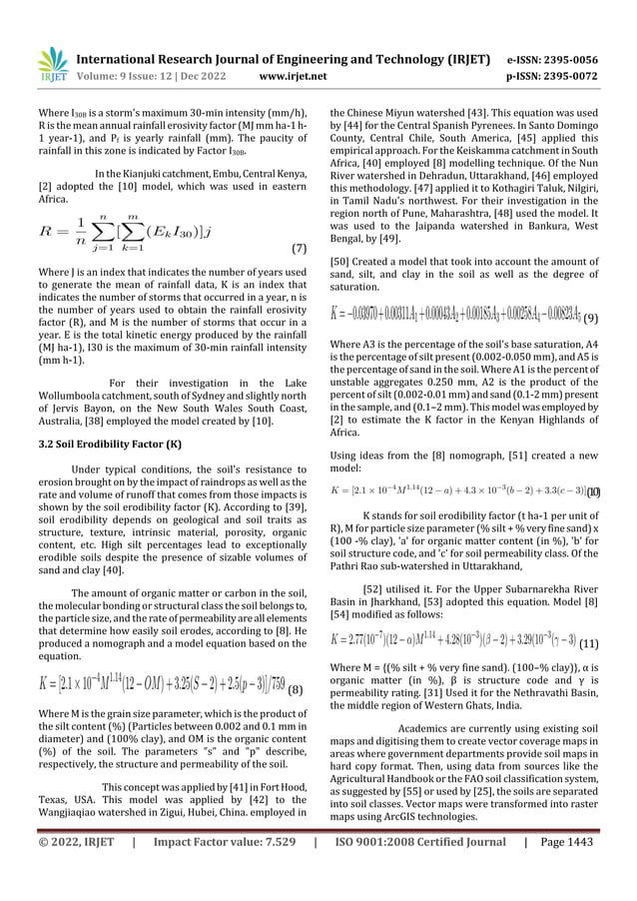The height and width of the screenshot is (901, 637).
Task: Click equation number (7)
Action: (x=297, y=246)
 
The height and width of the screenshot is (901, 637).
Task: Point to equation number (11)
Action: (x=589, y=644)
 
